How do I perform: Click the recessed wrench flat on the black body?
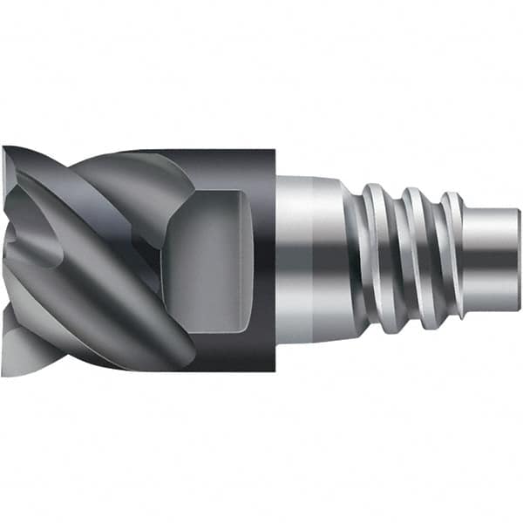tap(214, 261)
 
